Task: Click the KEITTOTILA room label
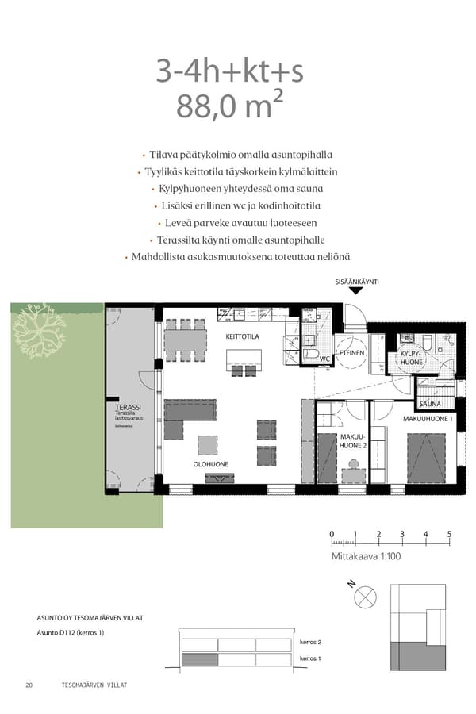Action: (242, 336)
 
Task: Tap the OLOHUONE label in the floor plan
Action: (210, 464)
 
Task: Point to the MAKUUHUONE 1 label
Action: (428, 418)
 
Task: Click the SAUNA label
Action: (430, 404)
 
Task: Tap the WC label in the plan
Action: (324, 358)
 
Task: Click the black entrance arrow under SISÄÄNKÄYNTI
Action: (356, 291)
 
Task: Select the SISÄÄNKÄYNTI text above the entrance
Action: (357, 282)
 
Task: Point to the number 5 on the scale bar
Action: (449, 533)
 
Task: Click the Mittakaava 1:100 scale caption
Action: (367, 557)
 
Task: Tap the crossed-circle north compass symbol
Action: (366, 597)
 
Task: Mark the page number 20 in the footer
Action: (29, 685)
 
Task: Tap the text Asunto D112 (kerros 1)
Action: (71, 632)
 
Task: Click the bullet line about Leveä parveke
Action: (237, 223)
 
